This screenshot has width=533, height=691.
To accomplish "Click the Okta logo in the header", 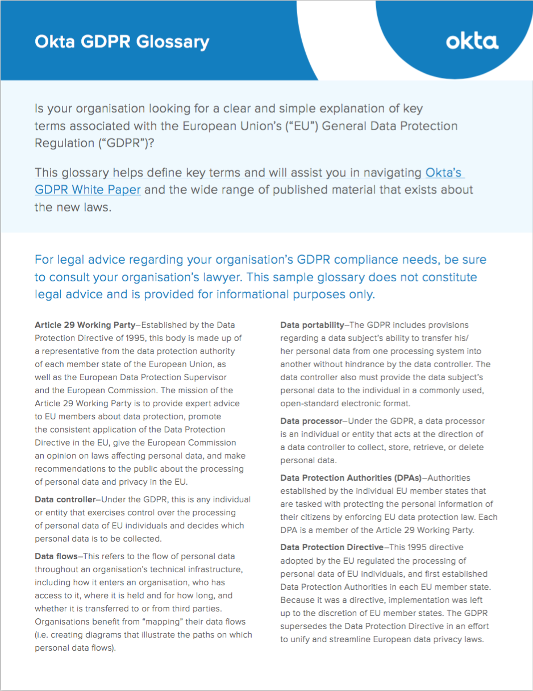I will [472, 41].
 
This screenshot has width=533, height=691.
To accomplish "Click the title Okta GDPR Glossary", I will [122, 42].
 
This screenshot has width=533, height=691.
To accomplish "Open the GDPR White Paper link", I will [88, 189].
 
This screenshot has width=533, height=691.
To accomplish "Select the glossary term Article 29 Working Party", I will [85, 325].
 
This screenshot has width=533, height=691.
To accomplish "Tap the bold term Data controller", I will [65, 499].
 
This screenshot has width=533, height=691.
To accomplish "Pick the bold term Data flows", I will [55, 556].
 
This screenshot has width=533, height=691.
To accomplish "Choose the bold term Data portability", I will [312, 325].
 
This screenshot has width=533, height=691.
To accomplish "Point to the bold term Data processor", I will [311, 421].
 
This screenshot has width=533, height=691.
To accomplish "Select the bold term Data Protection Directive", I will [332, 547].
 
